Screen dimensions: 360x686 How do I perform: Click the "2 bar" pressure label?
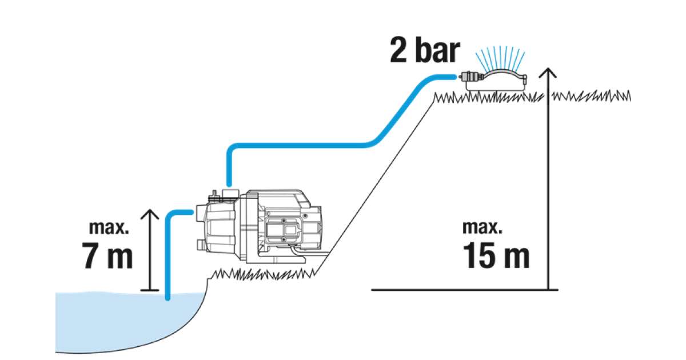pyautogui.click(x=424, y=50)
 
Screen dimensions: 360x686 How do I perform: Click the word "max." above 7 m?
pyautogui.click(x=109, y=227)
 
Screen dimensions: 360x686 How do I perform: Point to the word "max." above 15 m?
pyautogui.click(x=482, y=227)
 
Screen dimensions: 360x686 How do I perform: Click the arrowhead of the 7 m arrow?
pyautogui.click(x=150, y=214)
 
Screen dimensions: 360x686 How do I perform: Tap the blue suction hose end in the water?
pyautogui.click(x=167, y=294)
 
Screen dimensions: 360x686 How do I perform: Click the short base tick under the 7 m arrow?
pyautogui.click(x=150, y=290)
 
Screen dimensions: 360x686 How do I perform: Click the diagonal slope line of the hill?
pyautogui.click(x=377, y=183)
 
